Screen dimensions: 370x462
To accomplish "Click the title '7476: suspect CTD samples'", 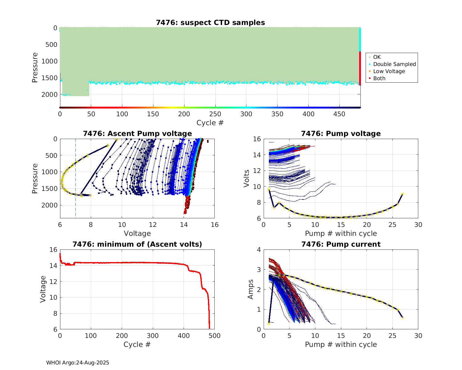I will coord(210,23).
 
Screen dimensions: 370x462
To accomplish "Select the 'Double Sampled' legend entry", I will coord(394,64).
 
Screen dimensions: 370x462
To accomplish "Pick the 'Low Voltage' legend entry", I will coord(389,71).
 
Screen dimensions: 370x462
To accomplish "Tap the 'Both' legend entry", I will coord(379,78).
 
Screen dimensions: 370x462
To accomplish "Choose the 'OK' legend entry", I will coord(377,57).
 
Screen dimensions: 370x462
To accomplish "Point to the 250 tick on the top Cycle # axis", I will coord(215,114).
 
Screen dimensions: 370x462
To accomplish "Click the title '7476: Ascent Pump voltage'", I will coord(137,134).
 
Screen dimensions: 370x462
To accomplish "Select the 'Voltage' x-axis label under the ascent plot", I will coord(137,233).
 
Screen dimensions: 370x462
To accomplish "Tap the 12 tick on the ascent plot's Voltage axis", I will coord(153,224).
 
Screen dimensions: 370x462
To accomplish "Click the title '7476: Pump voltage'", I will coord(341,134).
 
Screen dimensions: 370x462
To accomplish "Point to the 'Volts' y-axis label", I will coord(246,179).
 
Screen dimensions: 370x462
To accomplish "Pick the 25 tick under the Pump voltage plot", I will coord(392,224).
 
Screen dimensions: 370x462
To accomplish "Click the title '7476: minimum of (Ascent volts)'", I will coord(137,244).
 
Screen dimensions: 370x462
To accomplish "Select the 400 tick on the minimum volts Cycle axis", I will coord(184,335).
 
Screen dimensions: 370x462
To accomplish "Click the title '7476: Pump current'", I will coord(341,244).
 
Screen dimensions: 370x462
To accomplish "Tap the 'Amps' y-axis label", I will coord(251,289).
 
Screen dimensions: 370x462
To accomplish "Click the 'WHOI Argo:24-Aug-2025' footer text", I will coord(78,363).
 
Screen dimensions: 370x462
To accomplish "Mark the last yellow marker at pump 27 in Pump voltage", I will coord(403,194).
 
